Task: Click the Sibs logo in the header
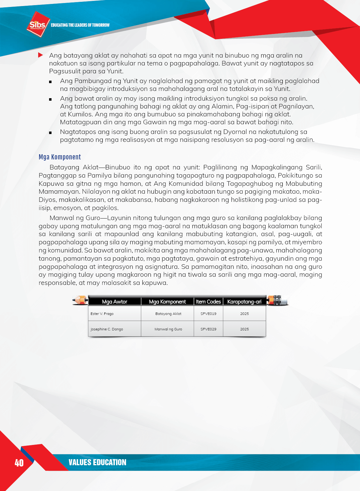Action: (x=38, y=25)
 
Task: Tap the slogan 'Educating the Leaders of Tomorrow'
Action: (x=80, y=25)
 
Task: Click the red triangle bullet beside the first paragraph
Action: (x=40, y=55)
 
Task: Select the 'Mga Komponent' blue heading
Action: (x=60, y=157)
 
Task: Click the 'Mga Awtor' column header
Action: (x=115, y=302)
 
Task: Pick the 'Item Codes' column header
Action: (x=208, y=302)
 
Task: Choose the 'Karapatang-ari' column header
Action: (x=244, y=302)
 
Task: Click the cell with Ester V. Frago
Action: (x=102, y=314)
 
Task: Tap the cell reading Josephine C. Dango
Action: (x=107, y=329)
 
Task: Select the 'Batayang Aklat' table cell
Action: (x=168, y=314)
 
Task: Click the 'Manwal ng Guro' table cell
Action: (x=168, y=329)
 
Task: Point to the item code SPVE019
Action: (x=208, y=314)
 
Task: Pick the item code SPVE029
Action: (x=208, y=329)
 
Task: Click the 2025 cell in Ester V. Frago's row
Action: (x=244, y=314)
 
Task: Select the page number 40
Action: (x=19, y=463)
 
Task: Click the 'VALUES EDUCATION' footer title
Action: (x=97, y=463)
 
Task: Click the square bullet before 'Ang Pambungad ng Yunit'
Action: (x=50, y=82)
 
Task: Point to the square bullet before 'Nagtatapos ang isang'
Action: (x=50, y=133)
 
